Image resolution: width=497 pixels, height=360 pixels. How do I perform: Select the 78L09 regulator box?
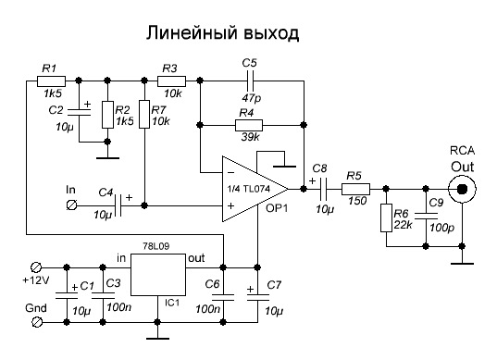pyautogui.click(x=159, y=275)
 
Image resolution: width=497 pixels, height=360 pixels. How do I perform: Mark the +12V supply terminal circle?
pyautogui.click(x=38, y=265)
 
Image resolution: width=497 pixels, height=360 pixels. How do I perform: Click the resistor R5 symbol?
pyautogui.click(x=355, y=190)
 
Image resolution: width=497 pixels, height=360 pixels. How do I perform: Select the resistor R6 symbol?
pyautogui.click(x=386, y=218)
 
